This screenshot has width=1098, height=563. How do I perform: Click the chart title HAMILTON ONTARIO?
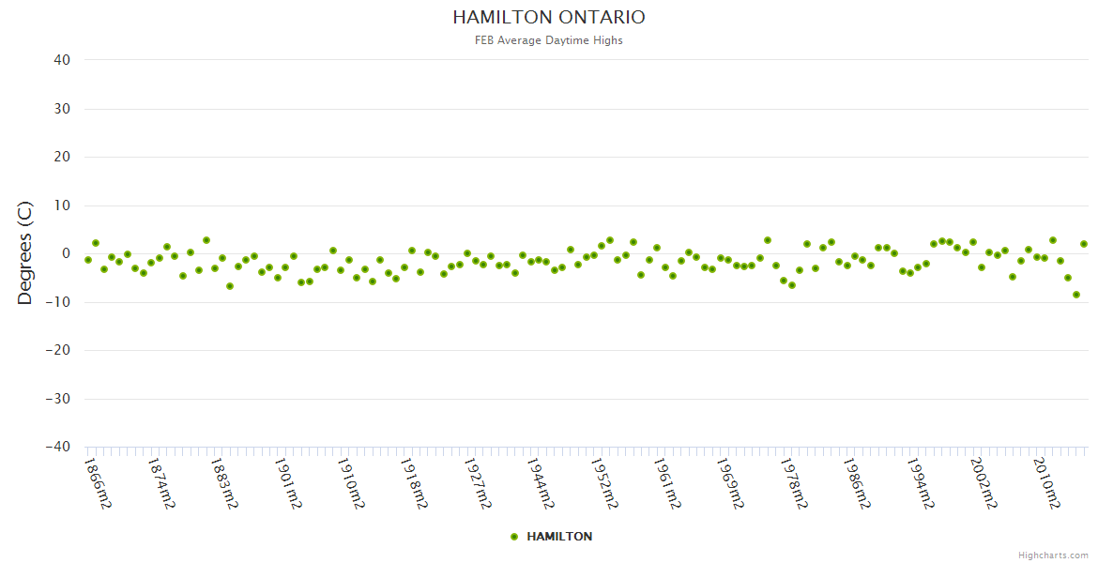point(549,18)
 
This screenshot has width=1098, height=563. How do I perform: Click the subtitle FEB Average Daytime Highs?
point(549,40)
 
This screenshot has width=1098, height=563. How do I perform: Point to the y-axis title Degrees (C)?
point(25,252)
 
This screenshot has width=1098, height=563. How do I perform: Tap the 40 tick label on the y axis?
point(62,60)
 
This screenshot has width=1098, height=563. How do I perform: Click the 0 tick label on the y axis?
point(66,253)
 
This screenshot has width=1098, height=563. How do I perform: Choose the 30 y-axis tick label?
point(62,109)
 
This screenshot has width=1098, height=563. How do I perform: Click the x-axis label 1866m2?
point(98,483)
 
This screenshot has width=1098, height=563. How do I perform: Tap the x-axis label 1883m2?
point(224,483)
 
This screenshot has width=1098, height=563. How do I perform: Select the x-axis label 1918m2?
point(414,483)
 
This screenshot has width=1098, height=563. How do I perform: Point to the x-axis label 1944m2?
point(541,483)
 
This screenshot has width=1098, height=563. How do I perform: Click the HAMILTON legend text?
point(559,537)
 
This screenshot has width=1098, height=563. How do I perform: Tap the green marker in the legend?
point(513,537)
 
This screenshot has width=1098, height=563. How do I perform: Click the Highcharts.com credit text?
point(1053,555)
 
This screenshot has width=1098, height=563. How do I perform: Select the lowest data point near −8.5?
point(1076,295)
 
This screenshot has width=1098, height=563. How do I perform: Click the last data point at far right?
point(1084,244)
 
